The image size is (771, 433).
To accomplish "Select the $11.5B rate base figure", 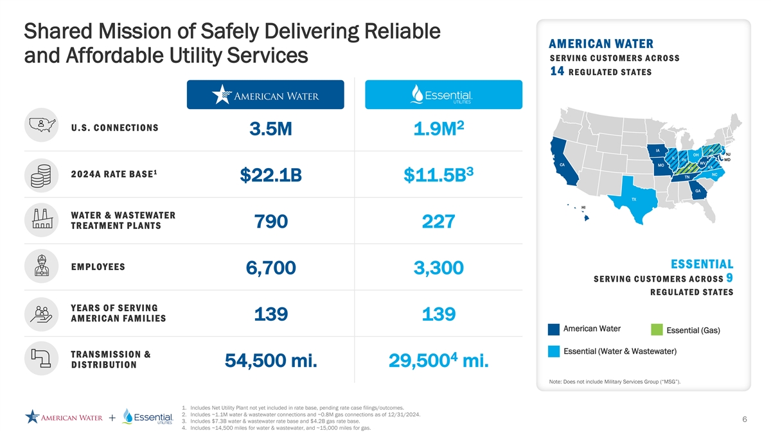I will (x=439, y=176).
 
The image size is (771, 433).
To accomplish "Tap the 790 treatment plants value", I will (x=270, y=222).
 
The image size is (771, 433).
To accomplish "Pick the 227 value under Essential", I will (x=439, y=222).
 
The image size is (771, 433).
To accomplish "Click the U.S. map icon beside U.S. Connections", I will (x=41, y=124).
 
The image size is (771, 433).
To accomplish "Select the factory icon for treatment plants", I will (x=41, y=220).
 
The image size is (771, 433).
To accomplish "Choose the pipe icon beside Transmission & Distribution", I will (x=41, y=359).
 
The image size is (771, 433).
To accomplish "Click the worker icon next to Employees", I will (x=41, y=266).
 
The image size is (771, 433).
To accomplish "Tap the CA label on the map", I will (x=562, y=165).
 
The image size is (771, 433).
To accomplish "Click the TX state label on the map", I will (x=634, y=200).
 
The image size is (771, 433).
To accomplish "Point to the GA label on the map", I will (x=697, y=190).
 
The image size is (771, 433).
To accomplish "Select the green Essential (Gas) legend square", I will (x=655, y=330).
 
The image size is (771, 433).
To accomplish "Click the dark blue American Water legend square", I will (x=553, y=329).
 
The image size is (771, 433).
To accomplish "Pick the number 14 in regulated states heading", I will (x=557, y=71).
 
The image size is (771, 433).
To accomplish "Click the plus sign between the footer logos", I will (x=112, y=418).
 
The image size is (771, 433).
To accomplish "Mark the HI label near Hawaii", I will (x=583, y=208).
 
